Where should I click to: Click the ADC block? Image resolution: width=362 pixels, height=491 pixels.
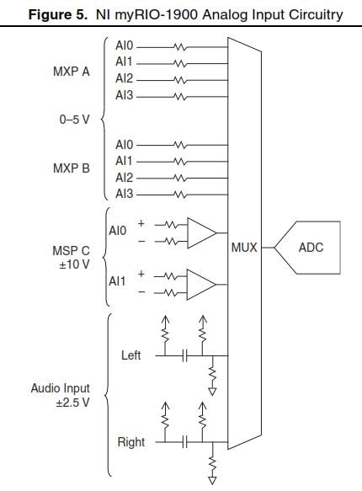[x=310, y=248]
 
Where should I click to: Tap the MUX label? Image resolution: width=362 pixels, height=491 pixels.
[x=243, y=248]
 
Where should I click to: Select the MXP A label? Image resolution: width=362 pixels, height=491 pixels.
[x=72, y=71]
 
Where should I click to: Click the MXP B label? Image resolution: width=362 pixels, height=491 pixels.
[x=72, y=169]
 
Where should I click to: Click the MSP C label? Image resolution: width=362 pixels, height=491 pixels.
[x=71, y=251]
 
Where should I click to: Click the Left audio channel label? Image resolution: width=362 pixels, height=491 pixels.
[x=130, y=355]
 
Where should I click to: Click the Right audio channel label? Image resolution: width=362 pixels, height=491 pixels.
[x=130, y=442]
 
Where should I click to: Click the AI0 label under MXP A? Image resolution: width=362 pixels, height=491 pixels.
[x=124, y=46]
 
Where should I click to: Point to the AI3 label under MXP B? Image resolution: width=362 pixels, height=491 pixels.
[x=124, y=194]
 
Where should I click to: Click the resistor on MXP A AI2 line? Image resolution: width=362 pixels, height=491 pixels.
[x=177, y=78]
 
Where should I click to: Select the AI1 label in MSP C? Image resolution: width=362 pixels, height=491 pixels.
[x=117, y=281]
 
